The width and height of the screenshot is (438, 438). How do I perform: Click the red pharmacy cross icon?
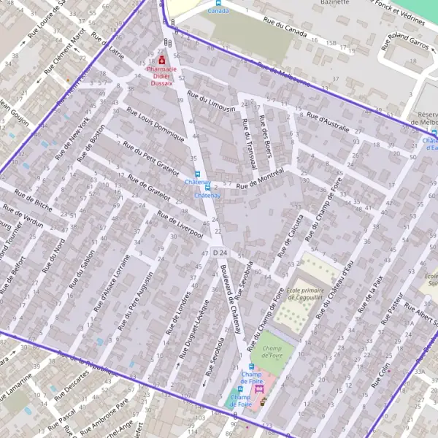click(x=161, y=61)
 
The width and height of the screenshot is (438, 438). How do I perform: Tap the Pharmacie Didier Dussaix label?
click(x=162, y=76)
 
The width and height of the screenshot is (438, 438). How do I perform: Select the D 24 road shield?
click(x=220, y=253)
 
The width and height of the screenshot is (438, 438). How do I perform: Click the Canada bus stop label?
click(x=217, y=11)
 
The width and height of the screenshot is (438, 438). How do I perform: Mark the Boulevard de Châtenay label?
click(x=231, y=299)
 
